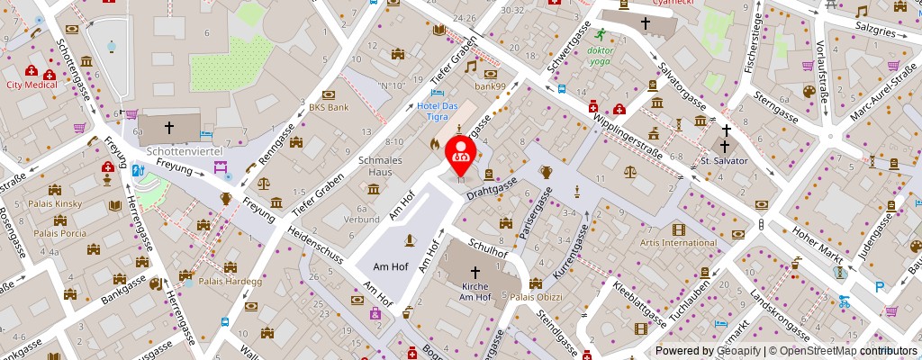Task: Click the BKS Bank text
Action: click(x=328, y=107)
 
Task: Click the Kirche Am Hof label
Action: click(x=474, y=291)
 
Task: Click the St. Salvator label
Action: click(x=724, y=160)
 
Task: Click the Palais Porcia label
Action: click(x=59, y=233)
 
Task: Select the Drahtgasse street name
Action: click(x=492, y=188)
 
